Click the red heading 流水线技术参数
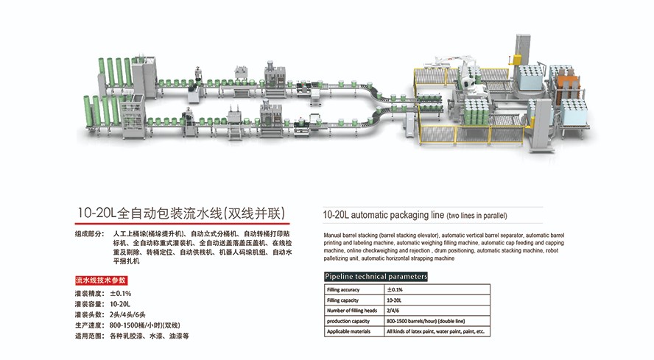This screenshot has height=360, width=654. [x=101, y=280]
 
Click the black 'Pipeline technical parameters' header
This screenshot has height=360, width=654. [x=376, y=277]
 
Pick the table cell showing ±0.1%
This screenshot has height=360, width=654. [x=395, y=290]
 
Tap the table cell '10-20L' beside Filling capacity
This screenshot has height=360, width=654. [x=395, y=300]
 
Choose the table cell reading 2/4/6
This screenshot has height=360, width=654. [x=393, y=311]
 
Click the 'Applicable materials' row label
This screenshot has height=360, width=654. [x=349, y=332]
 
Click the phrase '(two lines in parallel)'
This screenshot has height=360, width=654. [x=477, y=216]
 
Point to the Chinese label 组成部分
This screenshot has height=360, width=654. [x=88, y=234]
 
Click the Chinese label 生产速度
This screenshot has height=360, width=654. [x=88, y=325]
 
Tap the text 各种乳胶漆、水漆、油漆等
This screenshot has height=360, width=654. [x=150, y=336]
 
